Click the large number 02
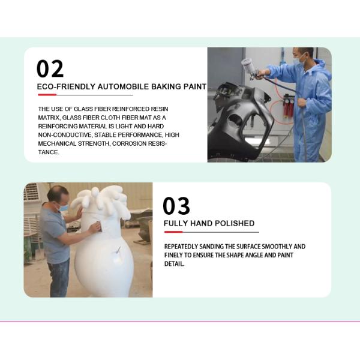pyautogui.click(x=50, y=68)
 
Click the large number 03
pyautogui.click(x=176, y=206)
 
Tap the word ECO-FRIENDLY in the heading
pyautogui.click(x=66, y=87)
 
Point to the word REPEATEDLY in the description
pyautogui.click(x=181, y=247)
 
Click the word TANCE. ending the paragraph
pyautogui.click(x=49, y=152)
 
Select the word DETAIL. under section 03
pyautogui.click(x=174, y=264)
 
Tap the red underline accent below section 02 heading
pyautogui.click(x=47, y=95)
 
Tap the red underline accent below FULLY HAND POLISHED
pyautogui.click(x=173, y=232)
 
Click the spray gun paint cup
pyautogui.click(x=247, y=64)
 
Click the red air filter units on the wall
pyautogui.click(x=289, y=107)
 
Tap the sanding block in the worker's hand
pyautogui.click(x=100, y=226)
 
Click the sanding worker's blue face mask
pyautogui.click(x=63, y=208)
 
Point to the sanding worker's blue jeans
pyautogui.click(x=59, y=278)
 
